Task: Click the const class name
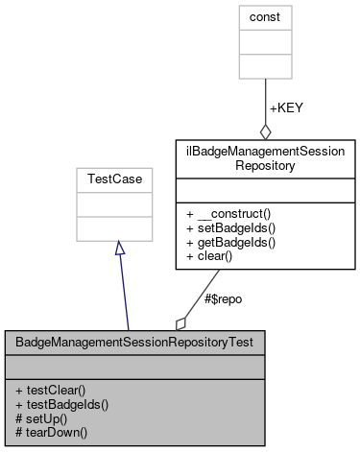click(265, 16)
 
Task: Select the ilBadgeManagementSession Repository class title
click(264, 156)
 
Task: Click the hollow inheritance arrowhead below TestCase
click(118, 249)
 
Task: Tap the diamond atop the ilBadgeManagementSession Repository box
click(265, 131)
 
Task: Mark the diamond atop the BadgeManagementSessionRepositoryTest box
click(180, 322)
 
